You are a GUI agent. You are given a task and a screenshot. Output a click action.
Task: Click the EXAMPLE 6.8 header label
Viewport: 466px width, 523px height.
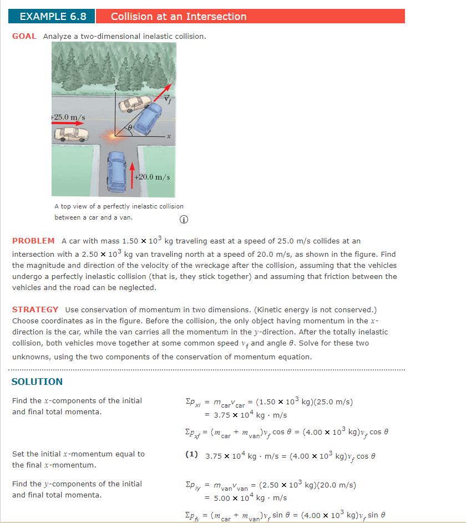coord(53,17)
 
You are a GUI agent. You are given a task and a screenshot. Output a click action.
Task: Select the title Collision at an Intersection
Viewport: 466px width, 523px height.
coord(179,17)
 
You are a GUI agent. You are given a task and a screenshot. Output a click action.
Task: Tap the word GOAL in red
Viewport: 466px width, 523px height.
coord(24,36)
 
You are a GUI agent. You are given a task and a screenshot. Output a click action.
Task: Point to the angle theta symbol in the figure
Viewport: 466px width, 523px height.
coord(130,128)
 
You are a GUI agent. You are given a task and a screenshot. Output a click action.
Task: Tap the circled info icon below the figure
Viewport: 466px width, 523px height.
coord(183,219)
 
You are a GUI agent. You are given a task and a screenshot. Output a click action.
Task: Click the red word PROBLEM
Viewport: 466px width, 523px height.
coord(33,241)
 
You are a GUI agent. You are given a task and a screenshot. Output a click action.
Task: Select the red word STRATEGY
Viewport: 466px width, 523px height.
coord(35,309)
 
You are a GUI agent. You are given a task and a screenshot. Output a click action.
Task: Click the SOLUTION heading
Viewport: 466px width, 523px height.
coord(37,382)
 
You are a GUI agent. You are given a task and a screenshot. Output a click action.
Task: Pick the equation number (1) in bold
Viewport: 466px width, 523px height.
coord(192,454)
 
